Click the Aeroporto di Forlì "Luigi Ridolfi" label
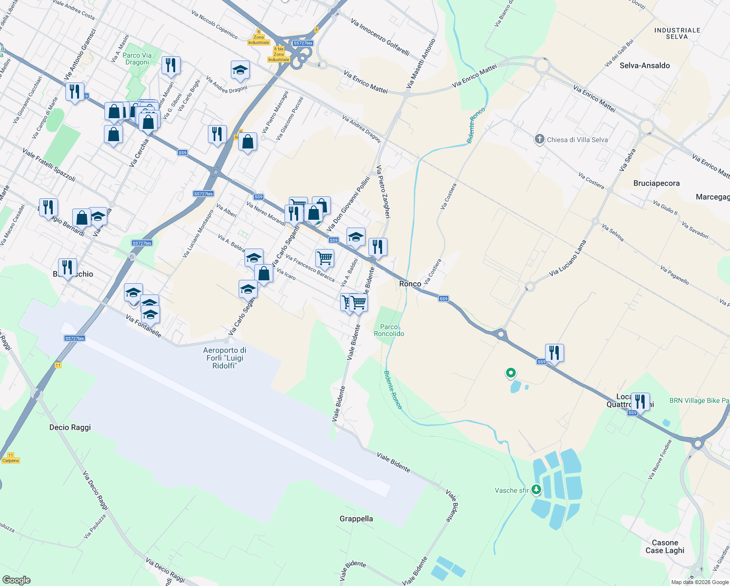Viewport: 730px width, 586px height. click(224, 358)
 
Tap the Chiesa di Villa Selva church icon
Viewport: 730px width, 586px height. click(539, 140)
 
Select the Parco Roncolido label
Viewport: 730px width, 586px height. click(389, 330)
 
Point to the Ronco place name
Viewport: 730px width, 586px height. click(410, 284)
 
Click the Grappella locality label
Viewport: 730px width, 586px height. click(356, 519)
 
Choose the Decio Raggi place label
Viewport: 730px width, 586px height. click(70, 427)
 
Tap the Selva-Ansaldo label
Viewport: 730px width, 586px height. click(645, 65)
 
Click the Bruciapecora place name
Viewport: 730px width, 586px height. click(656, 183)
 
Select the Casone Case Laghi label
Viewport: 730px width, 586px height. click(665, 546)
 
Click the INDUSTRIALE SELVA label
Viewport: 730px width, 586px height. click(677, 33)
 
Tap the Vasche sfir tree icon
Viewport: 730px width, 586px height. click(536, 489)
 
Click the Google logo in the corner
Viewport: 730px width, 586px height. click(16, 580)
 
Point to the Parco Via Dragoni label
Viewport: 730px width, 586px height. click(137, 59)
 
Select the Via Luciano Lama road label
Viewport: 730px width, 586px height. click(567, 258)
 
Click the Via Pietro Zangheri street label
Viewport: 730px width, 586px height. click(383, 191)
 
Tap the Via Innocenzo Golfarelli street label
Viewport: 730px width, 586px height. click(380, 37)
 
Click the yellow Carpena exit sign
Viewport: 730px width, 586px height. click(10, 460)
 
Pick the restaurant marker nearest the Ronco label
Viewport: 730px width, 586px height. click(378, 247)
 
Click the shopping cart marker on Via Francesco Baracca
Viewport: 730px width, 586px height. click(324, 257)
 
